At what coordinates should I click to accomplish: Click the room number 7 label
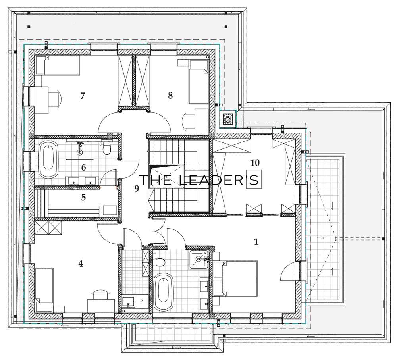(82, 96)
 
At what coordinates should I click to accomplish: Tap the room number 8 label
(170, 95)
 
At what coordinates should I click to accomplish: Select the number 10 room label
(255, 163)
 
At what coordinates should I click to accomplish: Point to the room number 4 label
(81, 264)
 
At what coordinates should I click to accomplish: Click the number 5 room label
(83, 198)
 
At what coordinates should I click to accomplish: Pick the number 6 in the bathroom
(83, 167)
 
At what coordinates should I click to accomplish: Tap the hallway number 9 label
(137, 189)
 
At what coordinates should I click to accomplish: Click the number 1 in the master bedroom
(256, 242)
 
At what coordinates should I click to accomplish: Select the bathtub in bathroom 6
(48, 159)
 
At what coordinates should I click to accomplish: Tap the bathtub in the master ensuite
(163, 292)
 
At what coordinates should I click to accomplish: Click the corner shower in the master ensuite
(199, 260)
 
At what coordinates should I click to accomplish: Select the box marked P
(141, 301)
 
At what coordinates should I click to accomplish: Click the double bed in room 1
(235, 279)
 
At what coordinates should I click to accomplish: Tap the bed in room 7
(58, 65)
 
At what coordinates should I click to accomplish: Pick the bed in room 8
(198, 82)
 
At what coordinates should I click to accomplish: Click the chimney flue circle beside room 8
(227, 118)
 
